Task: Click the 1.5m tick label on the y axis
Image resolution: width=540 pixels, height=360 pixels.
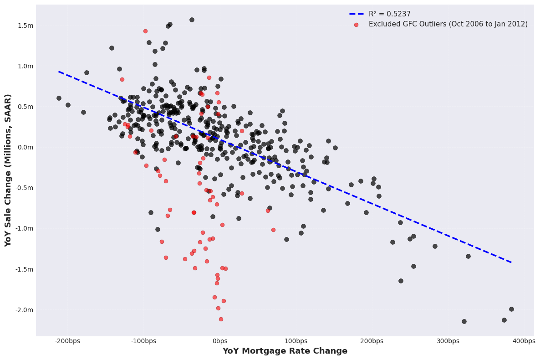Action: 26,26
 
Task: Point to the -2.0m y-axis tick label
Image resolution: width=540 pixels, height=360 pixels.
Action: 25,310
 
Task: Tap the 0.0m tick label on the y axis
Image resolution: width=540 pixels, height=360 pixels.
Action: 26,147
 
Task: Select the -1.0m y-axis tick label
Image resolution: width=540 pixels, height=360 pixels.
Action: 25,228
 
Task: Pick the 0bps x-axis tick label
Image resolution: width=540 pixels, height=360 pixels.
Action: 220,341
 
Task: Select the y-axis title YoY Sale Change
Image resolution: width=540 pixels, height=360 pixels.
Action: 8,170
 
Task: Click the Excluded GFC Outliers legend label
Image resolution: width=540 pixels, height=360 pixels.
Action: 448,24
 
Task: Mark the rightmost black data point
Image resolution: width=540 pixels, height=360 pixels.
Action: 511,309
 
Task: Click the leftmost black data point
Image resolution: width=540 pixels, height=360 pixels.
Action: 59,98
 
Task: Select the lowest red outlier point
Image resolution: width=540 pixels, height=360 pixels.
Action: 221,319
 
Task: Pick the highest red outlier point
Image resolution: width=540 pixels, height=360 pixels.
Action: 145,31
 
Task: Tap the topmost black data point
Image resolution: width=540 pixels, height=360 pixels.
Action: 192,20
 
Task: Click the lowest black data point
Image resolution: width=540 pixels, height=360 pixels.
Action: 464,321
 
